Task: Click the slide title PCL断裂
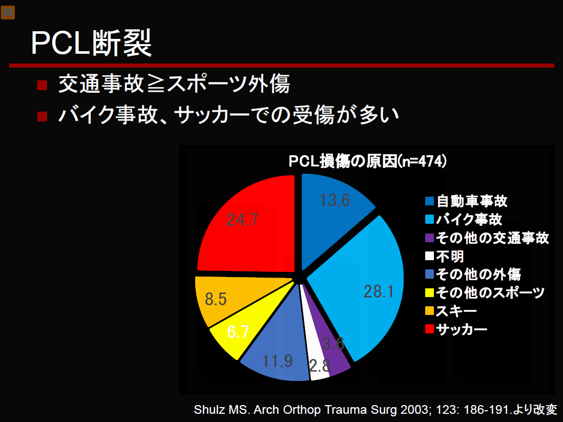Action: (92, 43)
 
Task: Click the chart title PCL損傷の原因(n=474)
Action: (368, 161)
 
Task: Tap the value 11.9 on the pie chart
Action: (278, 361)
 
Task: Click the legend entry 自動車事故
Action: (466, 201)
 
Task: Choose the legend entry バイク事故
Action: (464, 219)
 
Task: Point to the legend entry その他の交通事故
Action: (487, 238)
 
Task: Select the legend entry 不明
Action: (445, 256)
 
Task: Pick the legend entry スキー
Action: (451, 311)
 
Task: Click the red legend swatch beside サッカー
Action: (429, 329)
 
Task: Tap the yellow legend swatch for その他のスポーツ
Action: (429, 292)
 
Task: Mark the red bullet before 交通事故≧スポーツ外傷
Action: (42, 85)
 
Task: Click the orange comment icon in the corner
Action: (8, 13)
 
